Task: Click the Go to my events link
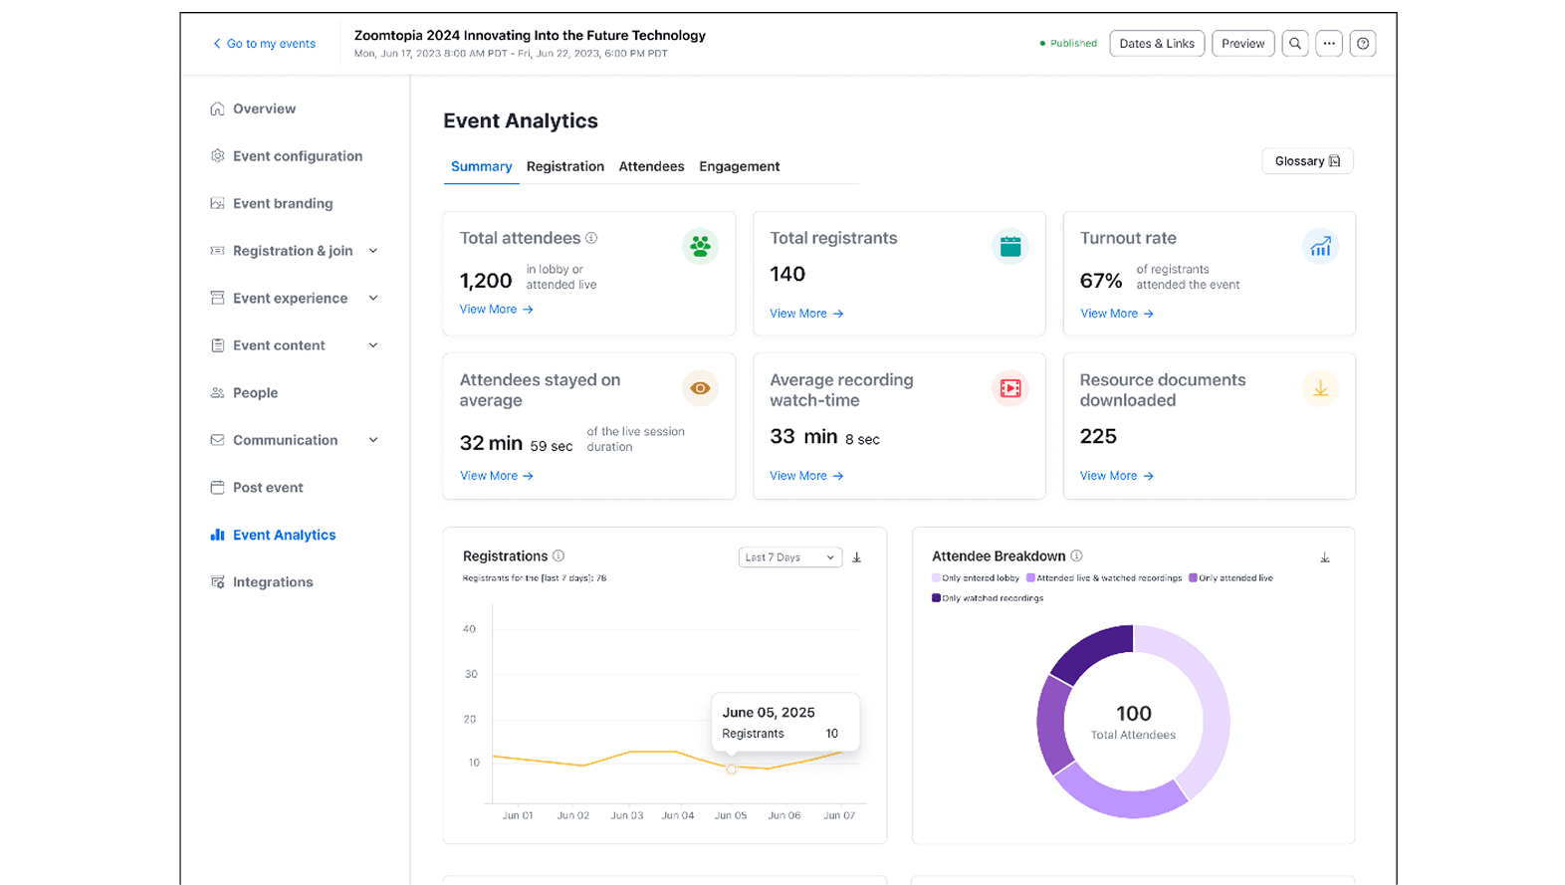[264, 44]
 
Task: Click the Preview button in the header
[1242, 44]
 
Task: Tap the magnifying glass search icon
[1294, 44]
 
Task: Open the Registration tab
[564, 166]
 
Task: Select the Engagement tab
[739, 166]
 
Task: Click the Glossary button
[1306, 161]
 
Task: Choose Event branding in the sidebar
[283, 203]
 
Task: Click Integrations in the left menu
[273, 582]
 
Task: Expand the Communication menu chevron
[373, 440]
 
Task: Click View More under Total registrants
[805, 314]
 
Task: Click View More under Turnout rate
[1116, 314]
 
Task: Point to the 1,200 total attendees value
[485, 281]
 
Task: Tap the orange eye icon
[700, 388]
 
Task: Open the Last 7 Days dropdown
[789, 557]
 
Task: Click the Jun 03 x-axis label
[626, 815]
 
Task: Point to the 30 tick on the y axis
[471, 674]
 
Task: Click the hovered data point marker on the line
[731, 770]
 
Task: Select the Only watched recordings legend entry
[988, 598]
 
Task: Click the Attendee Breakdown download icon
[1324, 557]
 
